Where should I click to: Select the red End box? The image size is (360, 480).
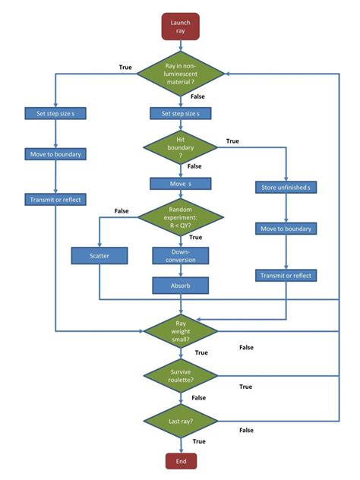point(180,460)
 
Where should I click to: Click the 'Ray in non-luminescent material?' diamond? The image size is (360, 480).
point(180,73)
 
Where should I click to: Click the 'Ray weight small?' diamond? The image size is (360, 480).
point(180,331)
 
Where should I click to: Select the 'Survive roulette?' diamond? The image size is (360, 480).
point(180,376)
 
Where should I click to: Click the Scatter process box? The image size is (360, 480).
point(99,256)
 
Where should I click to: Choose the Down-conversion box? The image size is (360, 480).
point(180,256)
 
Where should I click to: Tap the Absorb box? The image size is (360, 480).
point(180,286)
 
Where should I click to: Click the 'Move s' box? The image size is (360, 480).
point(180,184)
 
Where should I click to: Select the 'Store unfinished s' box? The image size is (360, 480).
point(286,188)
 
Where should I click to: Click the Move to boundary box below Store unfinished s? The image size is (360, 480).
point(286,228)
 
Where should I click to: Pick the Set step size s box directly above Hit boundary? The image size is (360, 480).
point(180,114)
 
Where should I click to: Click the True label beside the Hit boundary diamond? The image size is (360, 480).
point(232,141)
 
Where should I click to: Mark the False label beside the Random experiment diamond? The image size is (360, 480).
point(121,210)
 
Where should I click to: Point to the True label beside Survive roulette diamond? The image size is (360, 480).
point(245,387)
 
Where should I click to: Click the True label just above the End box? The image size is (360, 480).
point(199,441)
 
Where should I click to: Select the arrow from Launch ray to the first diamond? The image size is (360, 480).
point(180,46)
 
